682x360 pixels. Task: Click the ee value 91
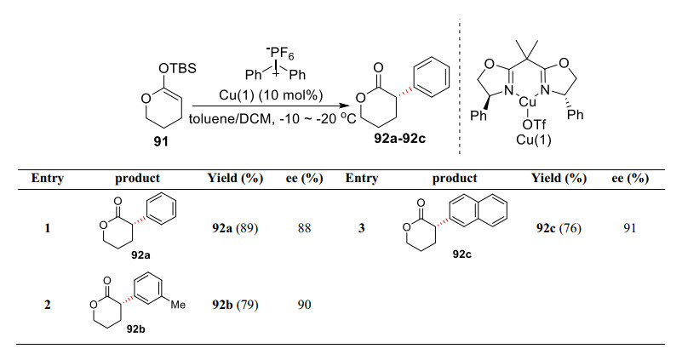click(630, 228)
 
